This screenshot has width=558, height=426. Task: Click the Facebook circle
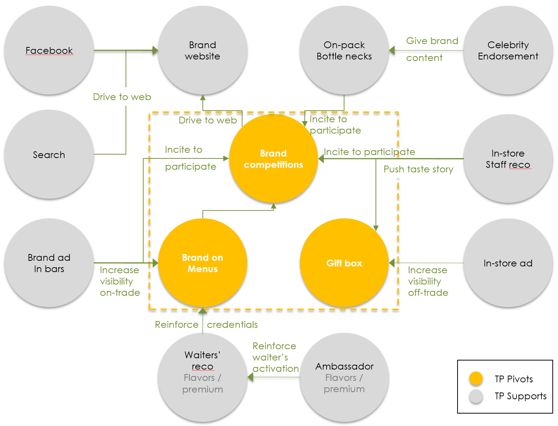pyautogui.click(x=49, y=50)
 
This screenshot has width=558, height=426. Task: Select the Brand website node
pyautogui.click(x=202, y=50)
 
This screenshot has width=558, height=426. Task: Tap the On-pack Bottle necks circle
pyautogui.click(x=344, y=50)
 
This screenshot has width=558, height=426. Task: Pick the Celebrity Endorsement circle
pyautogui.click(x=508, y=50)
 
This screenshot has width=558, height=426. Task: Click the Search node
pyautogui.click(x=49, y=154)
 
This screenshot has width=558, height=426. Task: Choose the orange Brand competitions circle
pyautogui.click(x=274, y=158)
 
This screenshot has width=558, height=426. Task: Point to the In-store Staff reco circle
pyautogui.click(x=508, y=158)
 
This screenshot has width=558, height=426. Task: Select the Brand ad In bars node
pyautogui.click(x=49, y=263)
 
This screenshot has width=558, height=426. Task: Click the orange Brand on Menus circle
pyautogui.click(x=202, y=263)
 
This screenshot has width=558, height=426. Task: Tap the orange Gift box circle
pyautogui.click(x=344, y=263)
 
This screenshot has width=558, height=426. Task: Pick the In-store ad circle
pyautogui.click(x=508, y=263)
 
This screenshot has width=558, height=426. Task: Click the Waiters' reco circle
pyautogui.click(x=202, y=377)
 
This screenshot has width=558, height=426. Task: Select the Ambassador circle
pyautogui.click(x=344, y=377)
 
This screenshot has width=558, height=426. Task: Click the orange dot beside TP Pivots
pyautogui.click(x=476, y=379)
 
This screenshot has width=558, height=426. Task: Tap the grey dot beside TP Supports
pyautogui.click(x=476, y=396)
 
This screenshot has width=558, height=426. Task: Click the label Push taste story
pyautogui.click(x=418, y=169)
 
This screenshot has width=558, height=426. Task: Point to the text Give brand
pyautogui.click(x=432, y=41)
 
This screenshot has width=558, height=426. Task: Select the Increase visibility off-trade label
pyautogui.click(x=428, y=281)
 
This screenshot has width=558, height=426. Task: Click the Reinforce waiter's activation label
pyautogui.click(x=275, y=358)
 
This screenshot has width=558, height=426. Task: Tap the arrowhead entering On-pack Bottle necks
pyautogui.click(x=392, y=50)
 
